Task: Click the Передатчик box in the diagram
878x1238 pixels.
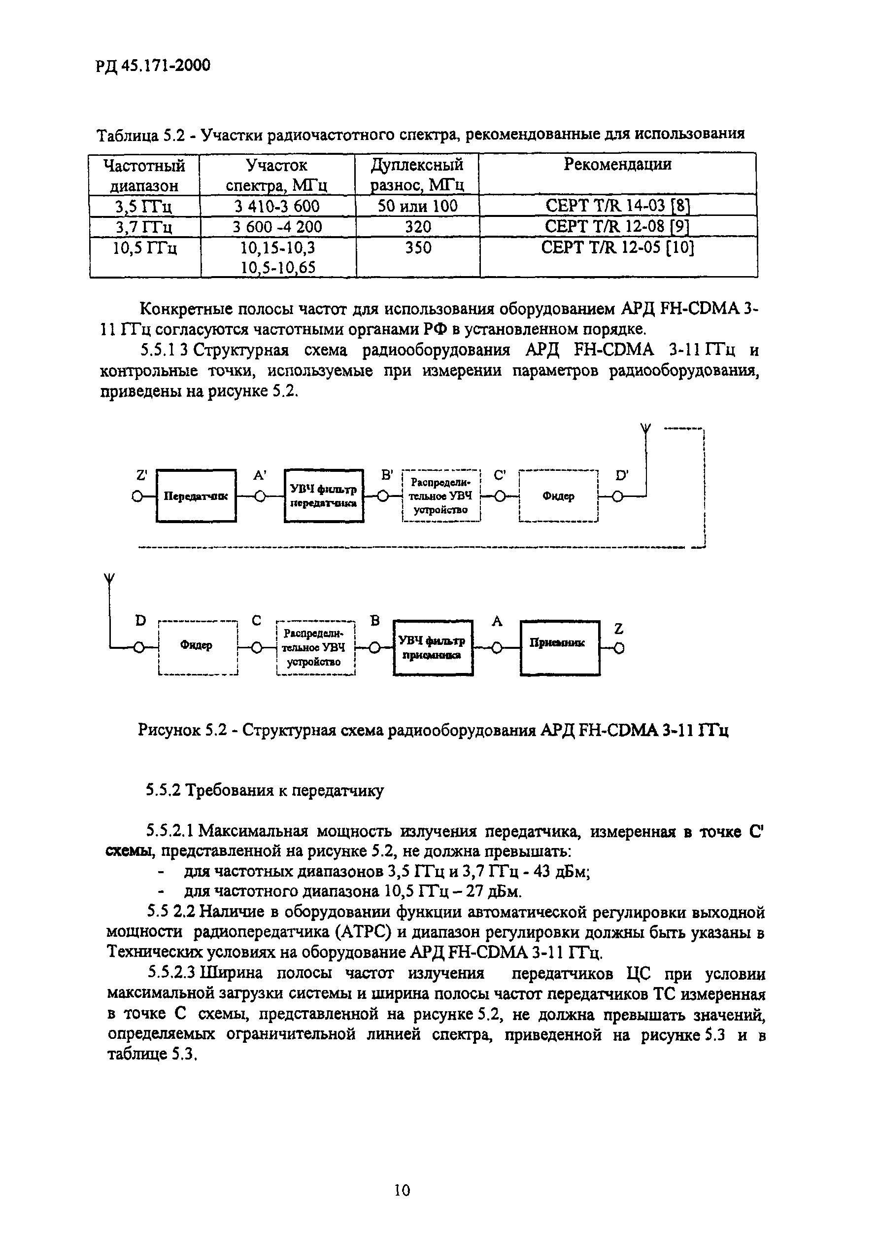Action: tap(196, 496)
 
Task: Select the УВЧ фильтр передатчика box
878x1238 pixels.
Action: tap(324, 496)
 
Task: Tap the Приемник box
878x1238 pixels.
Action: tap(560, 647)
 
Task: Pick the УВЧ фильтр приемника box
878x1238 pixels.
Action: tap(433, 647)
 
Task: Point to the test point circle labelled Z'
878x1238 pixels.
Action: tap(138, 496)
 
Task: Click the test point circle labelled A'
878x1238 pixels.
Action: tap(260, 496)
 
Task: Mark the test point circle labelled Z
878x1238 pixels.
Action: tap(619, 648)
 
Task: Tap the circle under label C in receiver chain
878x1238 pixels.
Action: tap(257, 648)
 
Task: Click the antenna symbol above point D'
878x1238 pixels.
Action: tap(645, 430)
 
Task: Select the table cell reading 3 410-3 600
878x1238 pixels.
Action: tap(277, 206)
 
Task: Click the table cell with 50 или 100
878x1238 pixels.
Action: tap(417, 206)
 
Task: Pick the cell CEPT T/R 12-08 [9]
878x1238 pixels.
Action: tap(617, 226)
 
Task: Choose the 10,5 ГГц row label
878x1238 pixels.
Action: tap(144, 248)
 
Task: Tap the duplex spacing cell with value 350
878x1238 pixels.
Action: tap(418, 248)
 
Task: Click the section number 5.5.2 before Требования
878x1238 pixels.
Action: tap(164, 791)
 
